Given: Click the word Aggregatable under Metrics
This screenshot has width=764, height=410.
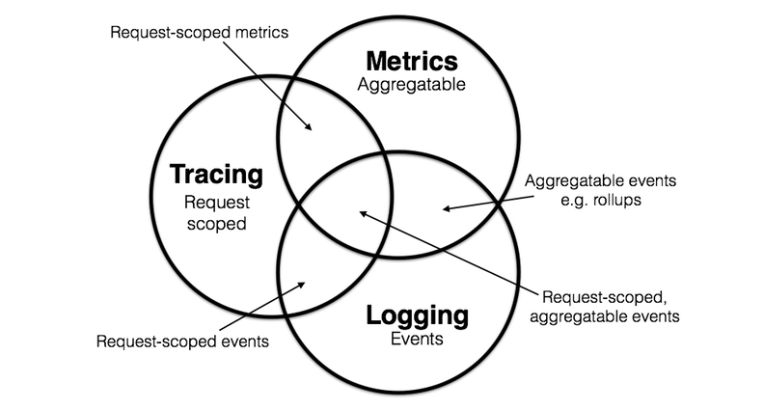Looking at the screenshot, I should point(410,85).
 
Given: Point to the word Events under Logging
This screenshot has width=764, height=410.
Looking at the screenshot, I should point(418,339).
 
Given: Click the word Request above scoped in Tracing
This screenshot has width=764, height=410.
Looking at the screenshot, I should point(217,203).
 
